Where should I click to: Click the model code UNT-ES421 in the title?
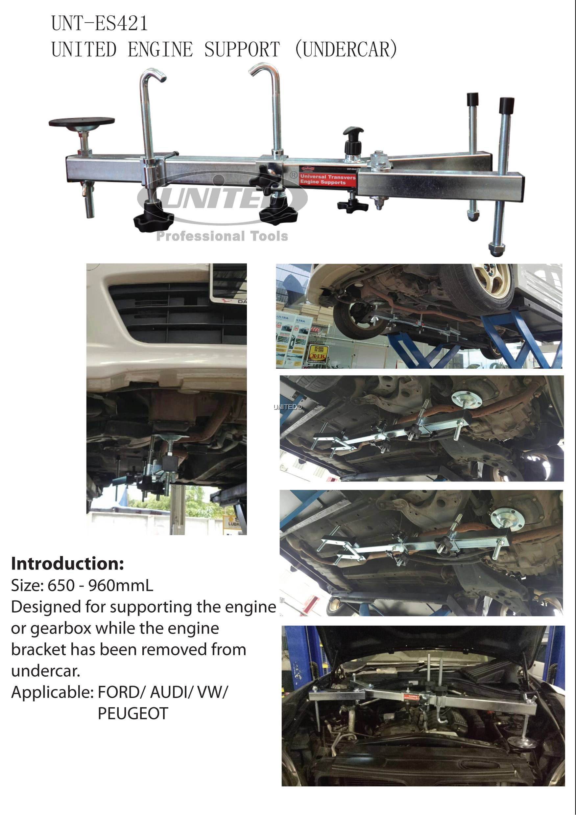[x=99, y=23]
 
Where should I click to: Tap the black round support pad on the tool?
[x=82, y=122]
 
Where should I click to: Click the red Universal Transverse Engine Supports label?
[x=327, y=179]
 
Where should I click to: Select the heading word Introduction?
[x=67, y=564]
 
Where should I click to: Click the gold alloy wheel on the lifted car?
[x=494, y=285]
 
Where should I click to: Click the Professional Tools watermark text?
[x=222, y=236]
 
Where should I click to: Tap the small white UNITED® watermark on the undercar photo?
[x=288, y=407]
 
